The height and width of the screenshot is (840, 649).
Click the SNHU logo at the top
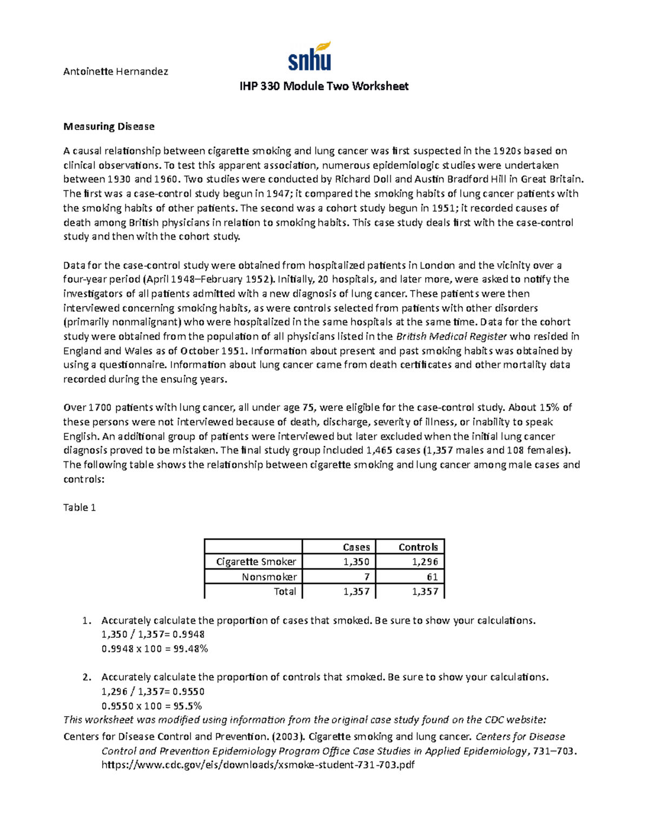click(x=309, y=56)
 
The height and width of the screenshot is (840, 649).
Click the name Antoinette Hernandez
click(x=116, y=71)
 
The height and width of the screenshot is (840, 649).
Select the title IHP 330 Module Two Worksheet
click(x=324, y=87)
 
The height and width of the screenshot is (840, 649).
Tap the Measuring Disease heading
click(x=109, y=127)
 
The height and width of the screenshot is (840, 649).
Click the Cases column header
click(x=356, y=547)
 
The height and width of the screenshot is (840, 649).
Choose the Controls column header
click(x=418, y=547)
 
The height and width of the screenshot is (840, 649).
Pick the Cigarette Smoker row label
click(x=256, y=562)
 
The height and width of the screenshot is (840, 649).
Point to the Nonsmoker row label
click(x=269, y=577)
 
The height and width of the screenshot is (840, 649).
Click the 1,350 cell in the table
click(x=356, y=562)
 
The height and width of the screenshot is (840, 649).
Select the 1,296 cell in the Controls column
click(x=425, y=562)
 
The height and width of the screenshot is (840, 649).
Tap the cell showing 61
click(x=432, y=577)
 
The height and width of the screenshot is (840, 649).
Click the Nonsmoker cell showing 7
click(x=367, y=577)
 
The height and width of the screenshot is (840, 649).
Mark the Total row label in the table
click(x=285, y=592)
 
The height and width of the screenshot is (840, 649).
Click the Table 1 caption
click(x=80, y=507)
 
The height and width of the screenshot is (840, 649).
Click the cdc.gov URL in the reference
click(x=258, y=765)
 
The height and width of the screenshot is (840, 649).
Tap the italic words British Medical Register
click(x=452, y=336)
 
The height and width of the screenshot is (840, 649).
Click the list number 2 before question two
click(x=86, y=677)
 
